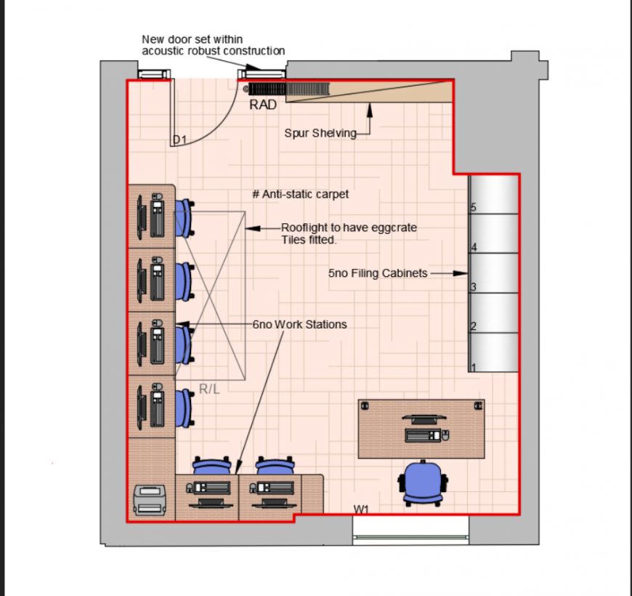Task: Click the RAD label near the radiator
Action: (263, 105)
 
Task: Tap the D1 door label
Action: (179, 139)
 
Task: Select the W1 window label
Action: (362, 510)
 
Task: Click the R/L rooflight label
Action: (209, 390)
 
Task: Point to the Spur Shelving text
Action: (320, 133)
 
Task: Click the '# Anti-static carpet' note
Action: (300, 194)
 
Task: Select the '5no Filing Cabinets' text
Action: (378, 273)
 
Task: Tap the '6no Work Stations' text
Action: (299, 324)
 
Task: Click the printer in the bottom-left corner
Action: (150, 499)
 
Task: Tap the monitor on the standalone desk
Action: (422, 419)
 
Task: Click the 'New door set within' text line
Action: (192, 39)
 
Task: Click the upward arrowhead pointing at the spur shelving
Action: (370, 109)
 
